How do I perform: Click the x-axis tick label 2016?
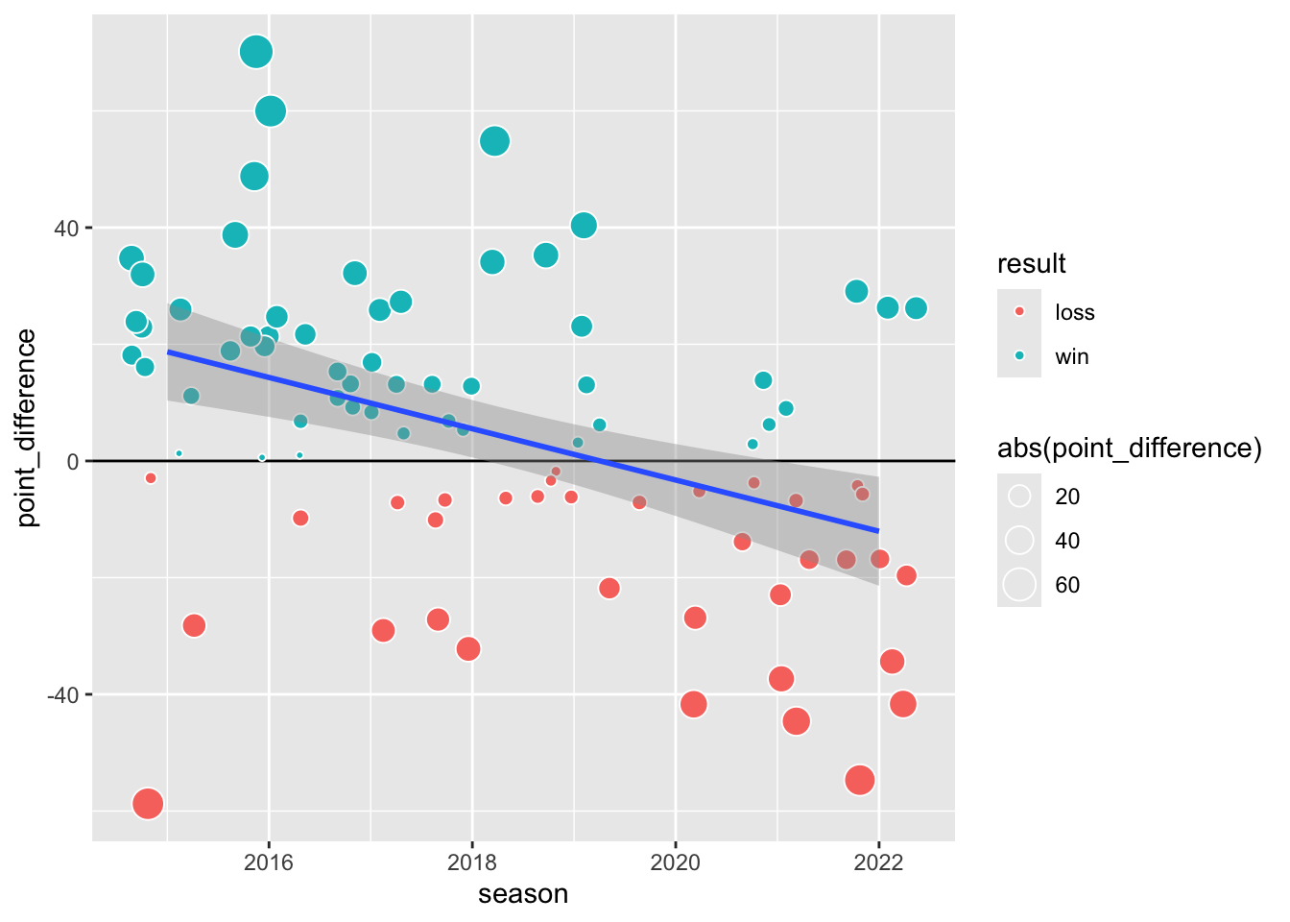tap(269, 861)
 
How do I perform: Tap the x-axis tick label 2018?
tap(472, 861)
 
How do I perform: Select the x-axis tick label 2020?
tap(676, 861)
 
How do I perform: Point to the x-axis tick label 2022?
tap(879, 861)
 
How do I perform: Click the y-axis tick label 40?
tap(66, 229)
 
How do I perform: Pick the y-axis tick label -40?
tap(62, 694)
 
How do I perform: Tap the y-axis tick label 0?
tap(73, 462)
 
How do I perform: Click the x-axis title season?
tap(523, 894)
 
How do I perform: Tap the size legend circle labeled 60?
tap(1019, 585)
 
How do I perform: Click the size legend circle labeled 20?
tap(1019, 497)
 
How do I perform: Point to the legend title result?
tap(1032, 264)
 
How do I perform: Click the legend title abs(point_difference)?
tap(1130, 449)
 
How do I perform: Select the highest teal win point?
tap(255, 52)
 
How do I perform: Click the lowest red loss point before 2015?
tap(147, 803)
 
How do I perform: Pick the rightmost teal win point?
tap(916, 308)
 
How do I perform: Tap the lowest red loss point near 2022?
tap(860, 780)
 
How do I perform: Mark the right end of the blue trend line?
tap(878, 530)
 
